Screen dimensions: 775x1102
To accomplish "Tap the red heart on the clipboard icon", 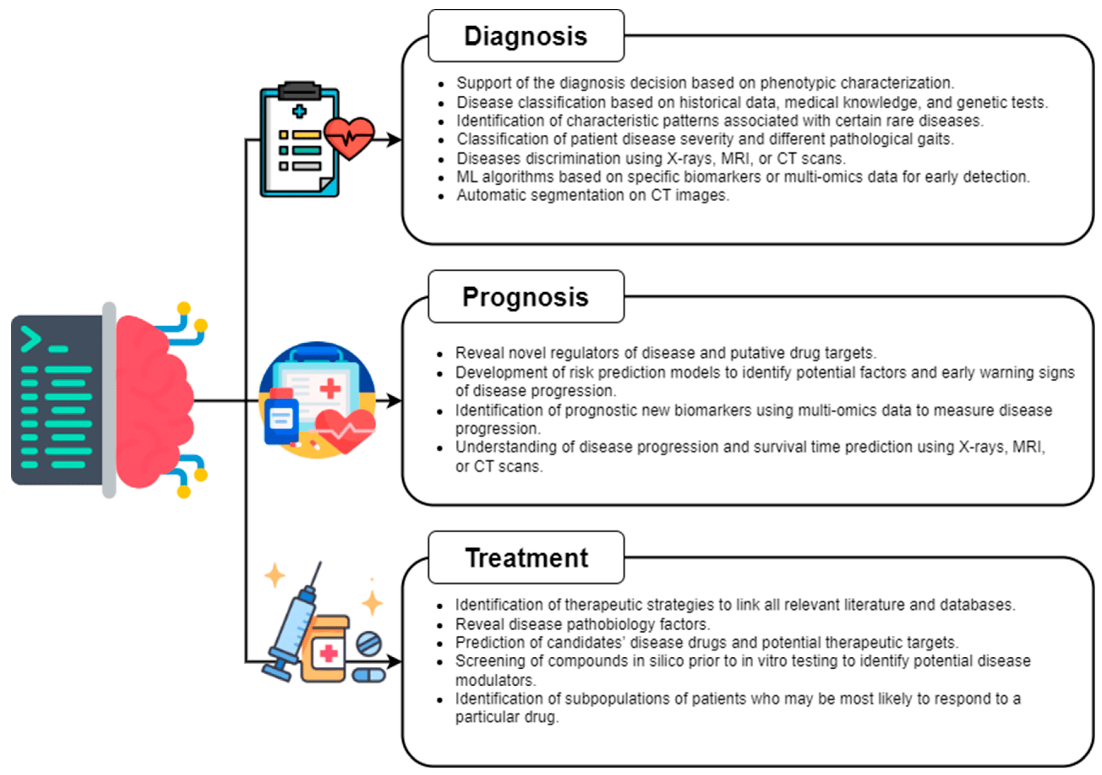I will point(349,137).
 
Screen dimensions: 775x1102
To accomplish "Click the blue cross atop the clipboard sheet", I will point(299,111).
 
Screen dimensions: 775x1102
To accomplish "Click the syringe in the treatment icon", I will point(293,624).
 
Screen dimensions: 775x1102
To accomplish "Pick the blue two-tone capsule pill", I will point(369,675).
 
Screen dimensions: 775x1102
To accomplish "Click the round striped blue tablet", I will point(369,643).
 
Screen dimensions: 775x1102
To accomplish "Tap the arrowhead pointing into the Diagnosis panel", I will point(394,140).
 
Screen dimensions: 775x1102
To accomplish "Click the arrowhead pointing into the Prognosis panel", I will point(394,401).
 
